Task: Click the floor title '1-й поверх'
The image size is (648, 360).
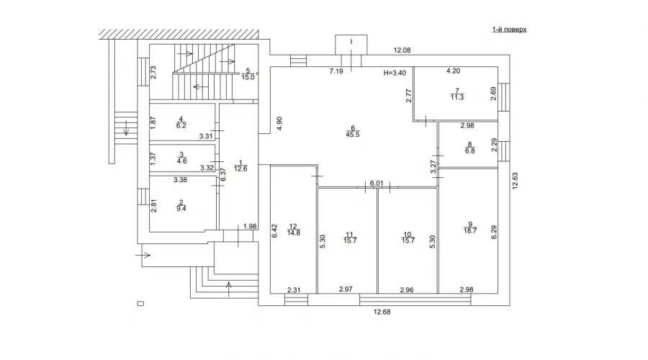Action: [509, 30]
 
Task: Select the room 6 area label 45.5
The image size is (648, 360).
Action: [353, 130]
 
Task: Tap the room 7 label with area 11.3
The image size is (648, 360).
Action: [456, 96]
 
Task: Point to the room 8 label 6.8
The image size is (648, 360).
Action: [469, 148]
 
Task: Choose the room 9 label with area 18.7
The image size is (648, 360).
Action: [469, 228]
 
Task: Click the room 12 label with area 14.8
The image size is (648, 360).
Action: [293, 228]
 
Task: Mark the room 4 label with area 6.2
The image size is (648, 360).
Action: [181, 122]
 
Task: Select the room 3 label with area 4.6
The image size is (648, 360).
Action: [181, 158]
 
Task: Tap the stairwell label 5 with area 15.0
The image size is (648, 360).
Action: [248, 74]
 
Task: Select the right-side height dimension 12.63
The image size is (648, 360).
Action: [516, 179]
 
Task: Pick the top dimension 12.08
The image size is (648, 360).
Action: [402, 50]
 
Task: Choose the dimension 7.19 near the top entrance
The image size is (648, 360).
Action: [336, 72]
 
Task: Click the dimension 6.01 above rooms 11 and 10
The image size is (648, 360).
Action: [376, 184]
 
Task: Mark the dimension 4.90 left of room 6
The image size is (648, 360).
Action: [279, 123]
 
